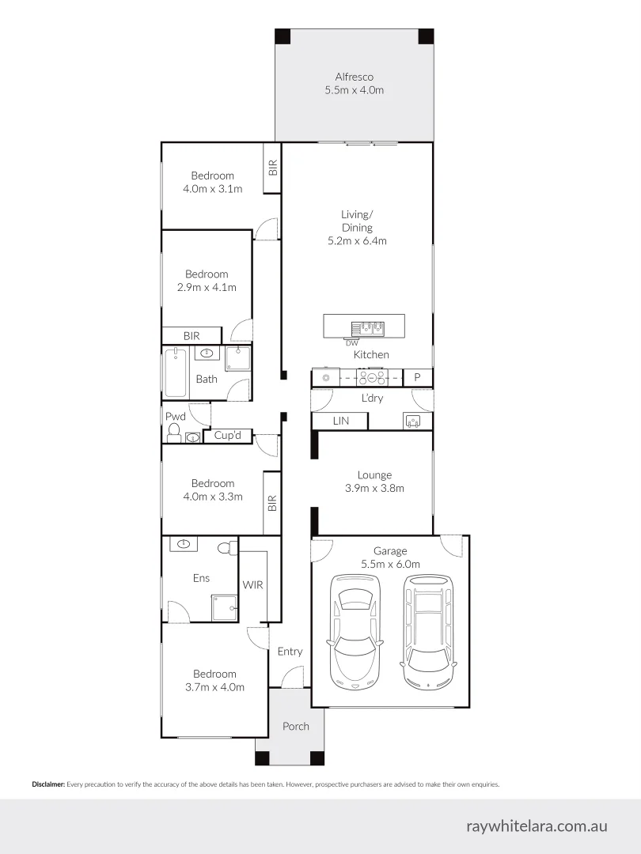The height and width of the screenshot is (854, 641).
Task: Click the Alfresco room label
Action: [354, 77]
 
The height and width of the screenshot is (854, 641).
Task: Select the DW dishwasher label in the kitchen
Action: [351, 342]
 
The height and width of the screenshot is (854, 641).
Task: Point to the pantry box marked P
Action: [417, 378]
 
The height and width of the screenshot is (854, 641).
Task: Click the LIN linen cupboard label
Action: [340, 421]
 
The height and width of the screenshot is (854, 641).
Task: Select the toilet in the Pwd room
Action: [174, 432]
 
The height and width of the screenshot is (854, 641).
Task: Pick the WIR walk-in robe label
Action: [252, 585]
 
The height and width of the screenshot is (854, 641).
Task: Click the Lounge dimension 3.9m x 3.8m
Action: [374, 488]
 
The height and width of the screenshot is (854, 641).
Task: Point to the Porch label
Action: [296, 726]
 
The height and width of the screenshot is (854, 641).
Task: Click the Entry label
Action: [290, 652]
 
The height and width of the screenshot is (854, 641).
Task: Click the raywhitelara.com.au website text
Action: [537, 826]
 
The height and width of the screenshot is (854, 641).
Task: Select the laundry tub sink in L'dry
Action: [412, 421]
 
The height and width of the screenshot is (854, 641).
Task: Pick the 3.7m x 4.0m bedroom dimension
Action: [214, 687]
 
